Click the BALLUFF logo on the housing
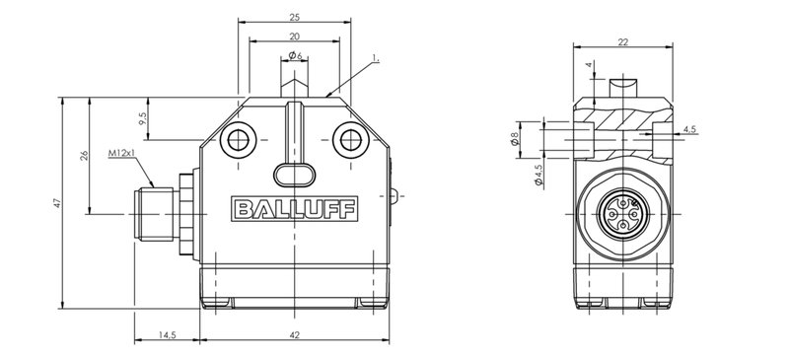pyautogui.click(x=294, y=209)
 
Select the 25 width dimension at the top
pyautogui.click(x=295, y=17)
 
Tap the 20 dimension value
pyautogui.click(x=295, y=36)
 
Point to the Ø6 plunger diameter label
pyautogui.click(x=295, y=55)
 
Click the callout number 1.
pyautogui.click(x=376, y=59)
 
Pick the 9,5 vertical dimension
pyautogui.click(x=142, y=118)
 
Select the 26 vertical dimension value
pyautogui.click(x=85, y=155)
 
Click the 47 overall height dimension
pyautogui.click(x=57, y=203)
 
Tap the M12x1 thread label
pyautogui.click(x=121, y=153)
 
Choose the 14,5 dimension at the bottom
pyautogui.click(x=167, y=335)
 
